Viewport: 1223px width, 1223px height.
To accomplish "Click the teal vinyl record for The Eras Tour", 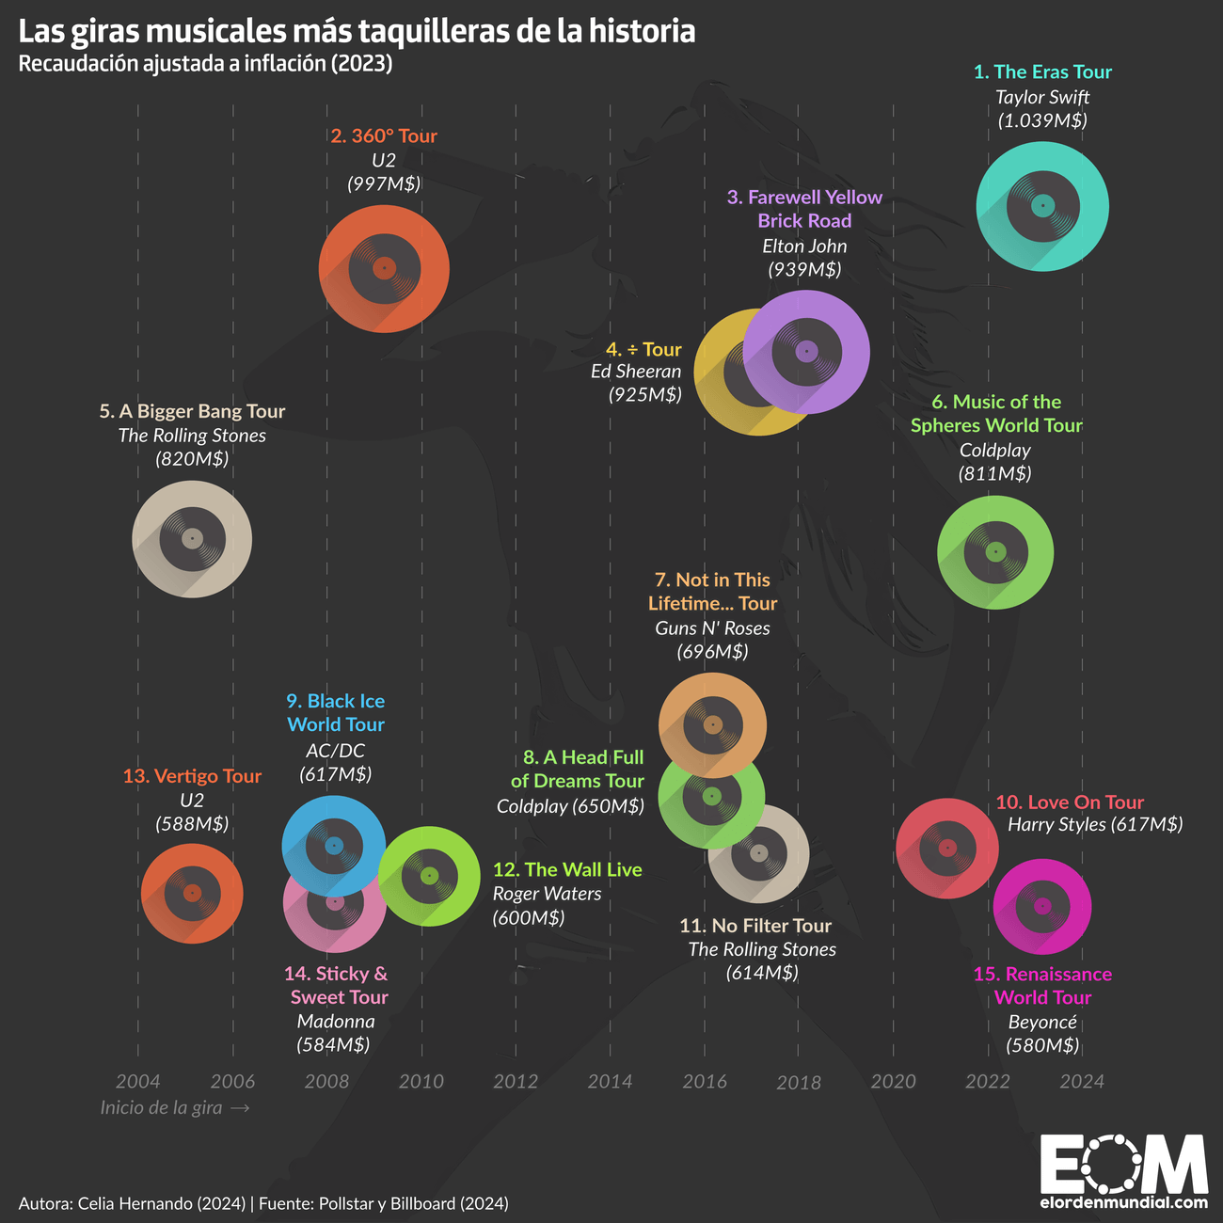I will click(x=1042, y=206).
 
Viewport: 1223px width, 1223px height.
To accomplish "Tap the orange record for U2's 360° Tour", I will click(x=383, y=268).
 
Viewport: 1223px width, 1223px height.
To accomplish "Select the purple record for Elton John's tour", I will click(x=806, y=352).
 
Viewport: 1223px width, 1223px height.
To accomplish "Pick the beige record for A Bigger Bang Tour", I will click(x=192, y=538).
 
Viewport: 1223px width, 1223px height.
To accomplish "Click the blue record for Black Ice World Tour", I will click(x=333, y=846).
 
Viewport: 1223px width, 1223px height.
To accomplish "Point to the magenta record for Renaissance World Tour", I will click(x=1042, y=906).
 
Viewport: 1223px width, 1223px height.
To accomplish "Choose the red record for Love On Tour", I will click(x=945, y=848).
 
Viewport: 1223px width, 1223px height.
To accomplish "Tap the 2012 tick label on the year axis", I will click(x=516, y=1082).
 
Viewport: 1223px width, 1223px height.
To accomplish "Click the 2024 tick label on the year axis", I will click(x=1082, y=1082).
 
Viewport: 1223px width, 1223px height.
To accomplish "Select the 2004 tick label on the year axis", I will click(x=137, y=1082).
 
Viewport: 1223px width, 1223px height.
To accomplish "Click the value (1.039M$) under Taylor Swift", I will click(x=1042, y=120).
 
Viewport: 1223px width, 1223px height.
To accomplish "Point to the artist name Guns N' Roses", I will click(x=712, y=628).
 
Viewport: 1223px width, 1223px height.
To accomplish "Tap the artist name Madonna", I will click(x=335, y=1022).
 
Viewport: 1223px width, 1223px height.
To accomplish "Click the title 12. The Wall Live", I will click(x=567, y=870).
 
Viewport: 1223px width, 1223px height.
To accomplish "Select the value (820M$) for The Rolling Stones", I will click(x=192, y=459).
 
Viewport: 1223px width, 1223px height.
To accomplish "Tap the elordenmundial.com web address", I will click(x=1124, y=1202).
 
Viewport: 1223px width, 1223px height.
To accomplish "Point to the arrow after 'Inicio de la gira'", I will click(x=240, y=1108).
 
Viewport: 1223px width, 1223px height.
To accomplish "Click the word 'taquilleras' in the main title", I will click(x=434, y=31).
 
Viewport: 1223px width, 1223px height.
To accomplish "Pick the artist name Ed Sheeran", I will click(x=636, y=372).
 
